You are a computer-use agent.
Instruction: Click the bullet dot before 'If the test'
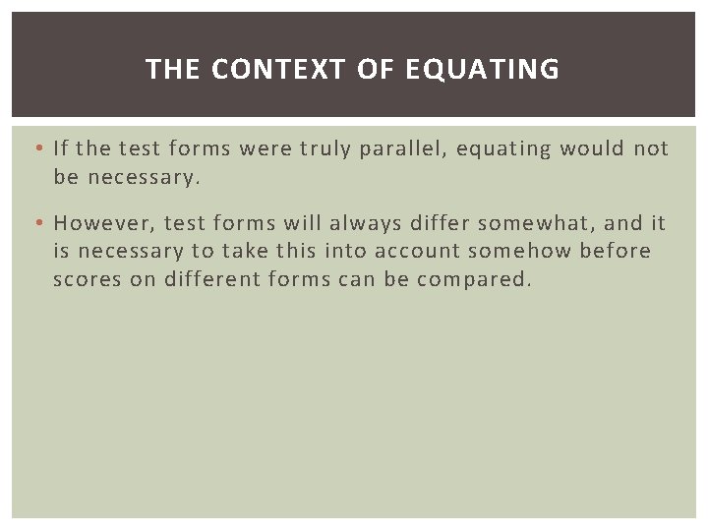[37, 149]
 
